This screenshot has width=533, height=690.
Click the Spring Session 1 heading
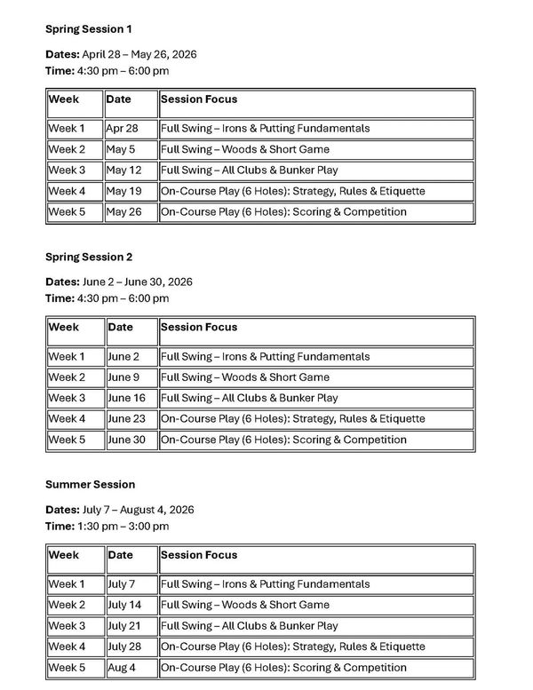(x=89, y=29)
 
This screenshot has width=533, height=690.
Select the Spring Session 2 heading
(x=89, y=257)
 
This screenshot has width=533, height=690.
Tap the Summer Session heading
(x=90, y=484)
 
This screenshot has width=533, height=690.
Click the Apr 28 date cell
(x=122, y=129)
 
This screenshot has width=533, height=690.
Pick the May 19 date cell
(x=123, y=191)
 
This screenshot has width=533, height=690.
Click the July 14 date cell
(x=125, y=605)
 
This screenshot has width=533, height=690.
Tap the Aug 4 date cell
(x=123, y=668)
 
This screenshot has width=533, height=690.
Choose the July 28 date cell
(x=125, y=646)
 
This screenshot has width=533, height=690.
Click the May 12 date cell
(x=123, y=170)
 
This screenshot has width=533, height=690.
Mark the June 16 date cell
(x=126, y=398)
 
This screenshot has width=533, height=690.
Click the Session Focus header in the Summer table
(x=199, y=555)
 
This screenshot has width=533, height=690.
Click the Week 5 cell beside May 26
(x=67, y=212)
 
